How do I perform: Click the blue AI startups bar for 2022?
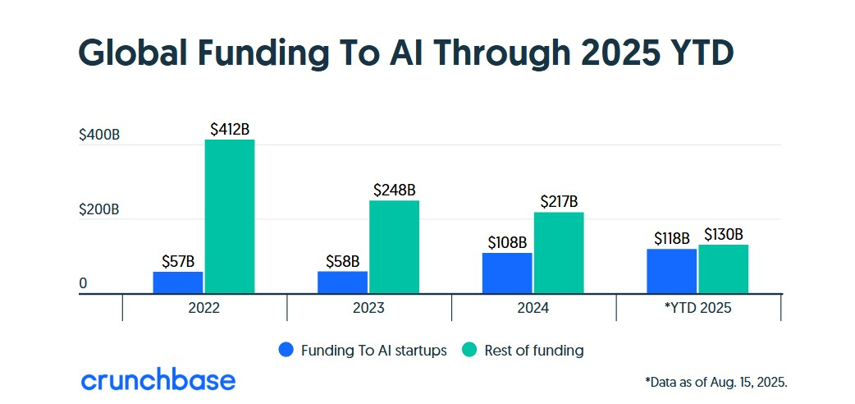(178, 282)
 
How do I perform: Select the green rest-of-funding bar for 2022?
(230, 217)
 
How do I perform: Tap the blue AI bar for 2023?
(342, 282)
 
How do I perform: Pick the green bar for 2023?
(394, 247)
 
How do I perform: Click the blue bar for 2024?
(506, 273)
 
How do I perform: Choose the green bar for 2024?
(559, 253)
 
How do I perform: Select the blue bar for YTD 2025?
(671, 271)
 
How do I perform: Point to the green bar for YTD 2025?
(724, 269)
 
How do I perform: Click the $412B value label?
(230, 129)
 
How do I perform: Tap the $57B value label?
(178, 262)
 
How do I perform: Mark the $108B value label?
(506, 242)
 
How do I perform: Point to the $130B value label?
(724, 234)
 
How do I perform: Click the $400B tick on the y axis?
(99, 135)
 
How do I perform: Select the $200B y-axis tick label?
(99, 209)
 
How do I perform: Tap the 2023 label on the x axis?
(368, 309)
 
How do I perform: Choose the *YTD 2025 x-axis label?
(698, 309)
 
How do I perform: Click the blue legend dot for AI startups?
(286, 350)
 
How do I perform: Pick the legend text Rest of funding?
(533, 350)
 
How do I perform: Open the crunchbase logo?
(158, 380)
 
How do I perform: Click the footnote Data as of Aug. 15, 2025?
(716, 382)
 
